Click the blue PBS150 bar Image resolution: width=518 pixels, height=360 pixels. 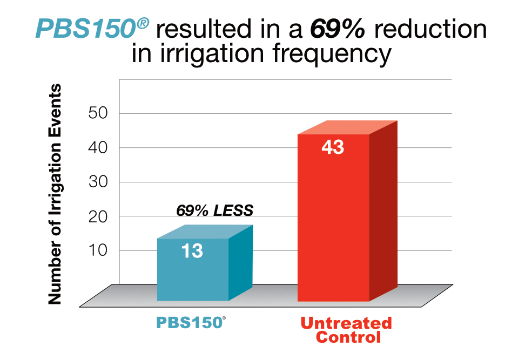(192, 270)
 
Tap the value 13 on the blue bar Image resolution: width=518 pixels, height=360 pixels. (192, 251)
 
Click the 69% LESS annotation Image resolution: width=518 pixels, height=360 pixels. (214, 210)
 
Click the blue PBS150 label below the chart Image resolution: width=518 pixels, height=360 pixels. (190, 323)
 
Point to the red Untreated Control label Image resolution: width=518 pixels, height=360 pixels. (346, 330)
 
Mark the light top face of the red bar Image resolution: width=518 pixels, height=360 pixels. (346, 128)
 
